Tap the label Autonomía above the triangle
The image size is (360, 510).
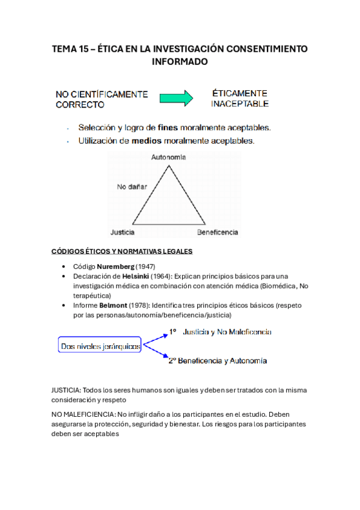click(168, 157)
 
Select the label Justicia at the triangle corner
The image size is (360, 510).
click(123, 232)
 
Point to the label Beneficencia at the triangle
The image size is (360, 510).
click(218, 232)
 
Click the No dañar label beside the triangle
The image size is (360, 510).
click(132, 187)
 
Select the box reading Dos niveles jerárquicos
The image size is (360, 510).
click(100, 346)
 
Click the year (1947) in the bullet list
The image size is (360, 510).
click(146, 266)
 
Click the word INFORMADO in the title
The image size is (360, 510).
click(180, 62)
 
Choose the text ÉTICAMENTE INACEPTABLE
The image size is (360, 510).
click(239, 99)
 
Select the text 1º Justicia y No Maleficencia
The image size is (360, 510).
click(219, 332)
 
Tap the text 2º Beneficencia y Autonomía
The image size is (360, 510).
click(218, 361)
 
